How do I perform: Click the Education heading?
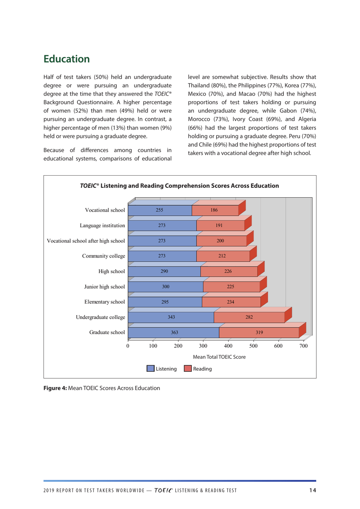[x=67, y=59]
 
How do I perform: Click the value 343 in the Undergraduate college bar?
[x=171, y=317]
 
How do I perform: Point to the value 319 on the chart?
[x=259, y=333]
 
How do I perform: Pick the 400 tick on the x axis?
[x=228, y=346]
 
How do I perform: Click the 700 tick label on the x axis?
[x=303, y=346]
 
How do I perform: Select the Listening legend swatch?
[x=150, y=369]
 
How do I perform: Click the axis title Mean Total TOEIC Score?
[x=219, y=357]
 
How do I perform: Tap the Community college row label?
[x=103, y=256]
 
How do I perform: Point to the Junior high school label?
[x=105, y=287]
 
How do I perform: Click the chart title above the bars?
[x=179, y=186]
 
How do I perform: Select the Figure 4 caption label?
[x=55, y=388]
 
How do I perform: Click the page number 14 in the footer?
[x=313, y=490]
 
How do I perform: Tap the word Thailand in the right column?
[x=199, y=85]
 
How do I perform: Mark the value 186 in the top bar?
[x=214, y=210]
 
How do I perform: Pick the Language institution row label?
[x=102, y=226]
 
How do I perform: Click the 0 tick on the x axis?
[x=128, y=346]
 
